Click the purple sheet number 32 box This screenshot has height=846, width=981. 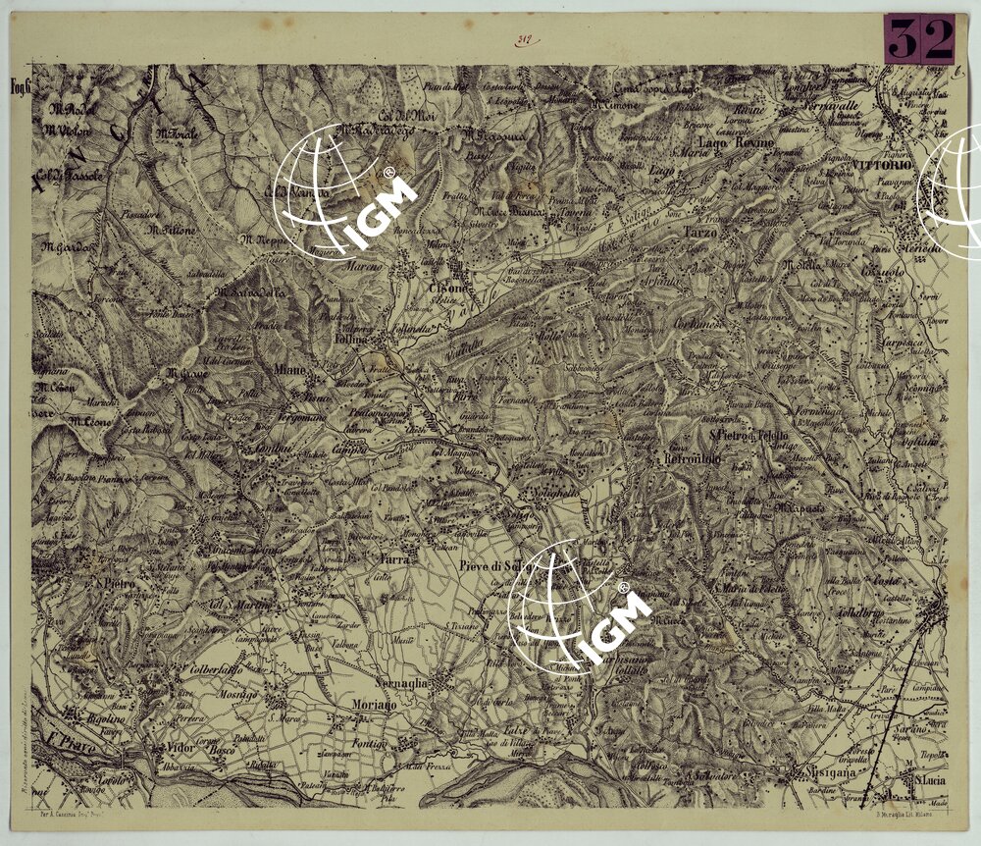tap(918, 40)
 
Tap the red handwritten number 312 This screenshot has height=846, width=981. tap(523, 40)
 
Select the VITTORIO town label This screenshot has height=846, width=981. tap(883, 166)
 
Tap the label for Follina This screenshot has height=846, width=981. tap(352, 339)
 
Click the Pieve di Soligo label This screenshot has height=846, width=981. tap(493, 565)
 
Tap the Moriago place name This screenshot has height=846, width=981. tap(374, 706)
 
